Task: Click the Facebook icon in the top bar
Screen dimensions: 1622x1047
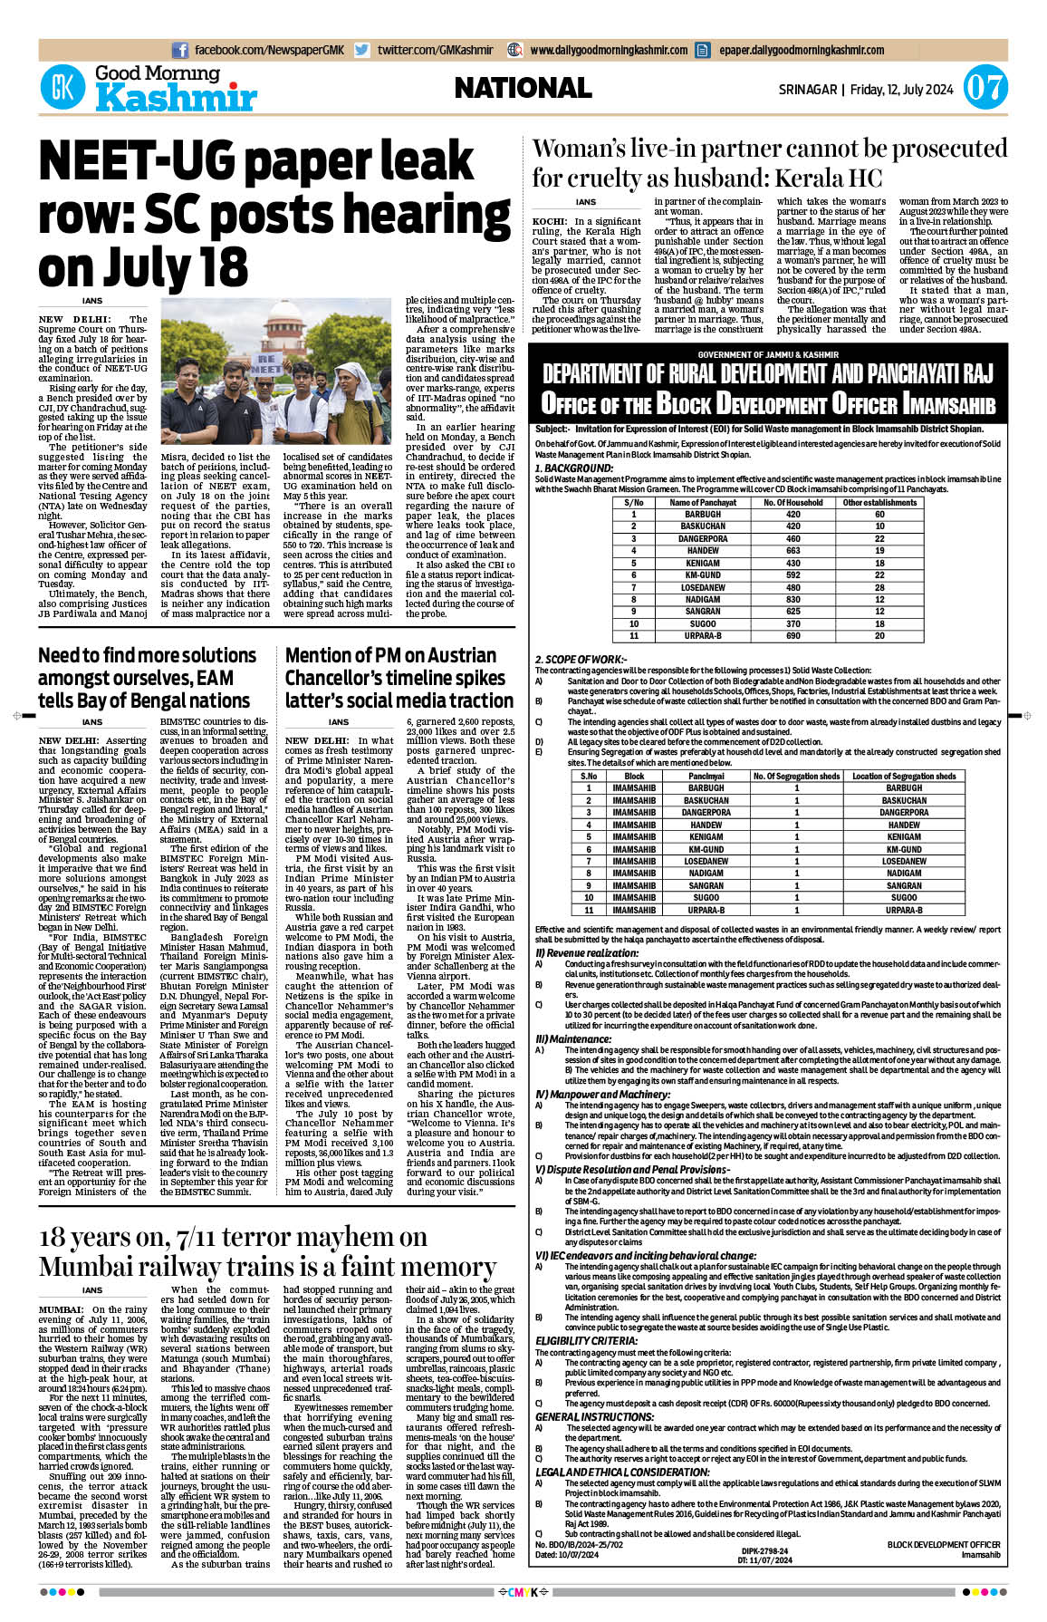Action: pos(179,51)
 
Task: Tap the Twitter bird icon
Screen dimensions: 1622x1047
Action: pos(362,51)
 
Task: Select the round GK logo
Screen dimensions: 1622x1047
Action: pos(62,89)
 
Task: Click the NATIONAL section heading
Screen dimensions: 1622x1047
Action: pos(523,88)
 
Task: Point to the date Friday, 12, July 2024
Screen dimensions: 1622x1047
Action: pos(901,90)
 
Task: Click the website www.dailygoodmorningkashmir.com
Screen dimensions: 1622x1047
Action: pos(609,51)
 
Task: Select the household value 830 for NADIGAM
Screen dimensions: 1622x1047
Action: pos(792,599)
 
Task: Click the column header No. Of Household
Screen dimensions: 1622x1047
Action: pos(792,502)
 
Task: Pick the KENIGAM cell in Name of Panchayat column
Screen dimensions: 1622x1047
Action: pos(703,563)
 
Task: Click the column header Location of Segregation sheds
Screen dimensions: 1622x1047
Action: pos(903,776)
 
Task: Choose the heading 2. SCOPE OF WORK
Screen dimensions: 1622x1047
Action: pos(581,660)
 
